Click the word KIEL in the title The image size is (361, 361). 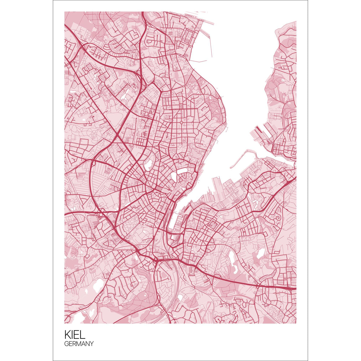[75, 334]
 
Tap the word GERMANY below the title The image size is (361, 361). [79, 344]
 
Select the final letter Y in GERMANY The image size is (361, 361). [91, 344]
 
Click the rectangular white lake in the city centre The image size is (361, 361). [182, 172]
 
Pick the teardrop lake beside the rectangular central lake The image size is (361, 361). [174, 177]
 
